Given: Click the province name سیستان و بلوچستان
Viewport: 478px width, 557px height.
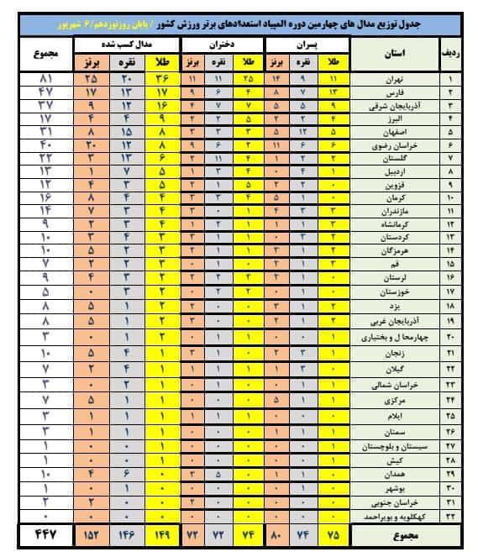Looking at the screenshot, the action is [393, 447].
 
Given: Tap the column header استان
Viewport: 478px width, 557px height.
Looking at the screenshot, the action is [391, 52].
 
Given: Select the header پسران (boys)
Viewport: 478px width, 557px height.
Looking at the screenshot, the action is [307, 40].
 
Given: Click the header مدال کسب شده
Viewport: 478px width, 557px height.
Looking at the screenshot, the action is [129, 40].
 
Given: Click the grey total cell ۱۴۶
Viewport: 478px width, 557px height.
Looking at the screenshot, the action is [127, 535].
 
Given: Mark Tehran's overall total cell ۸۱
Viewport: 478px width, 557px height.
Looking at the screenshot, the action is [37, 78].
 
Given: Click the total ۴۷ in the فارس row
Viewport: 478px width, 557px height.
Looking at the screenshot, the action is [37, 91].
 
